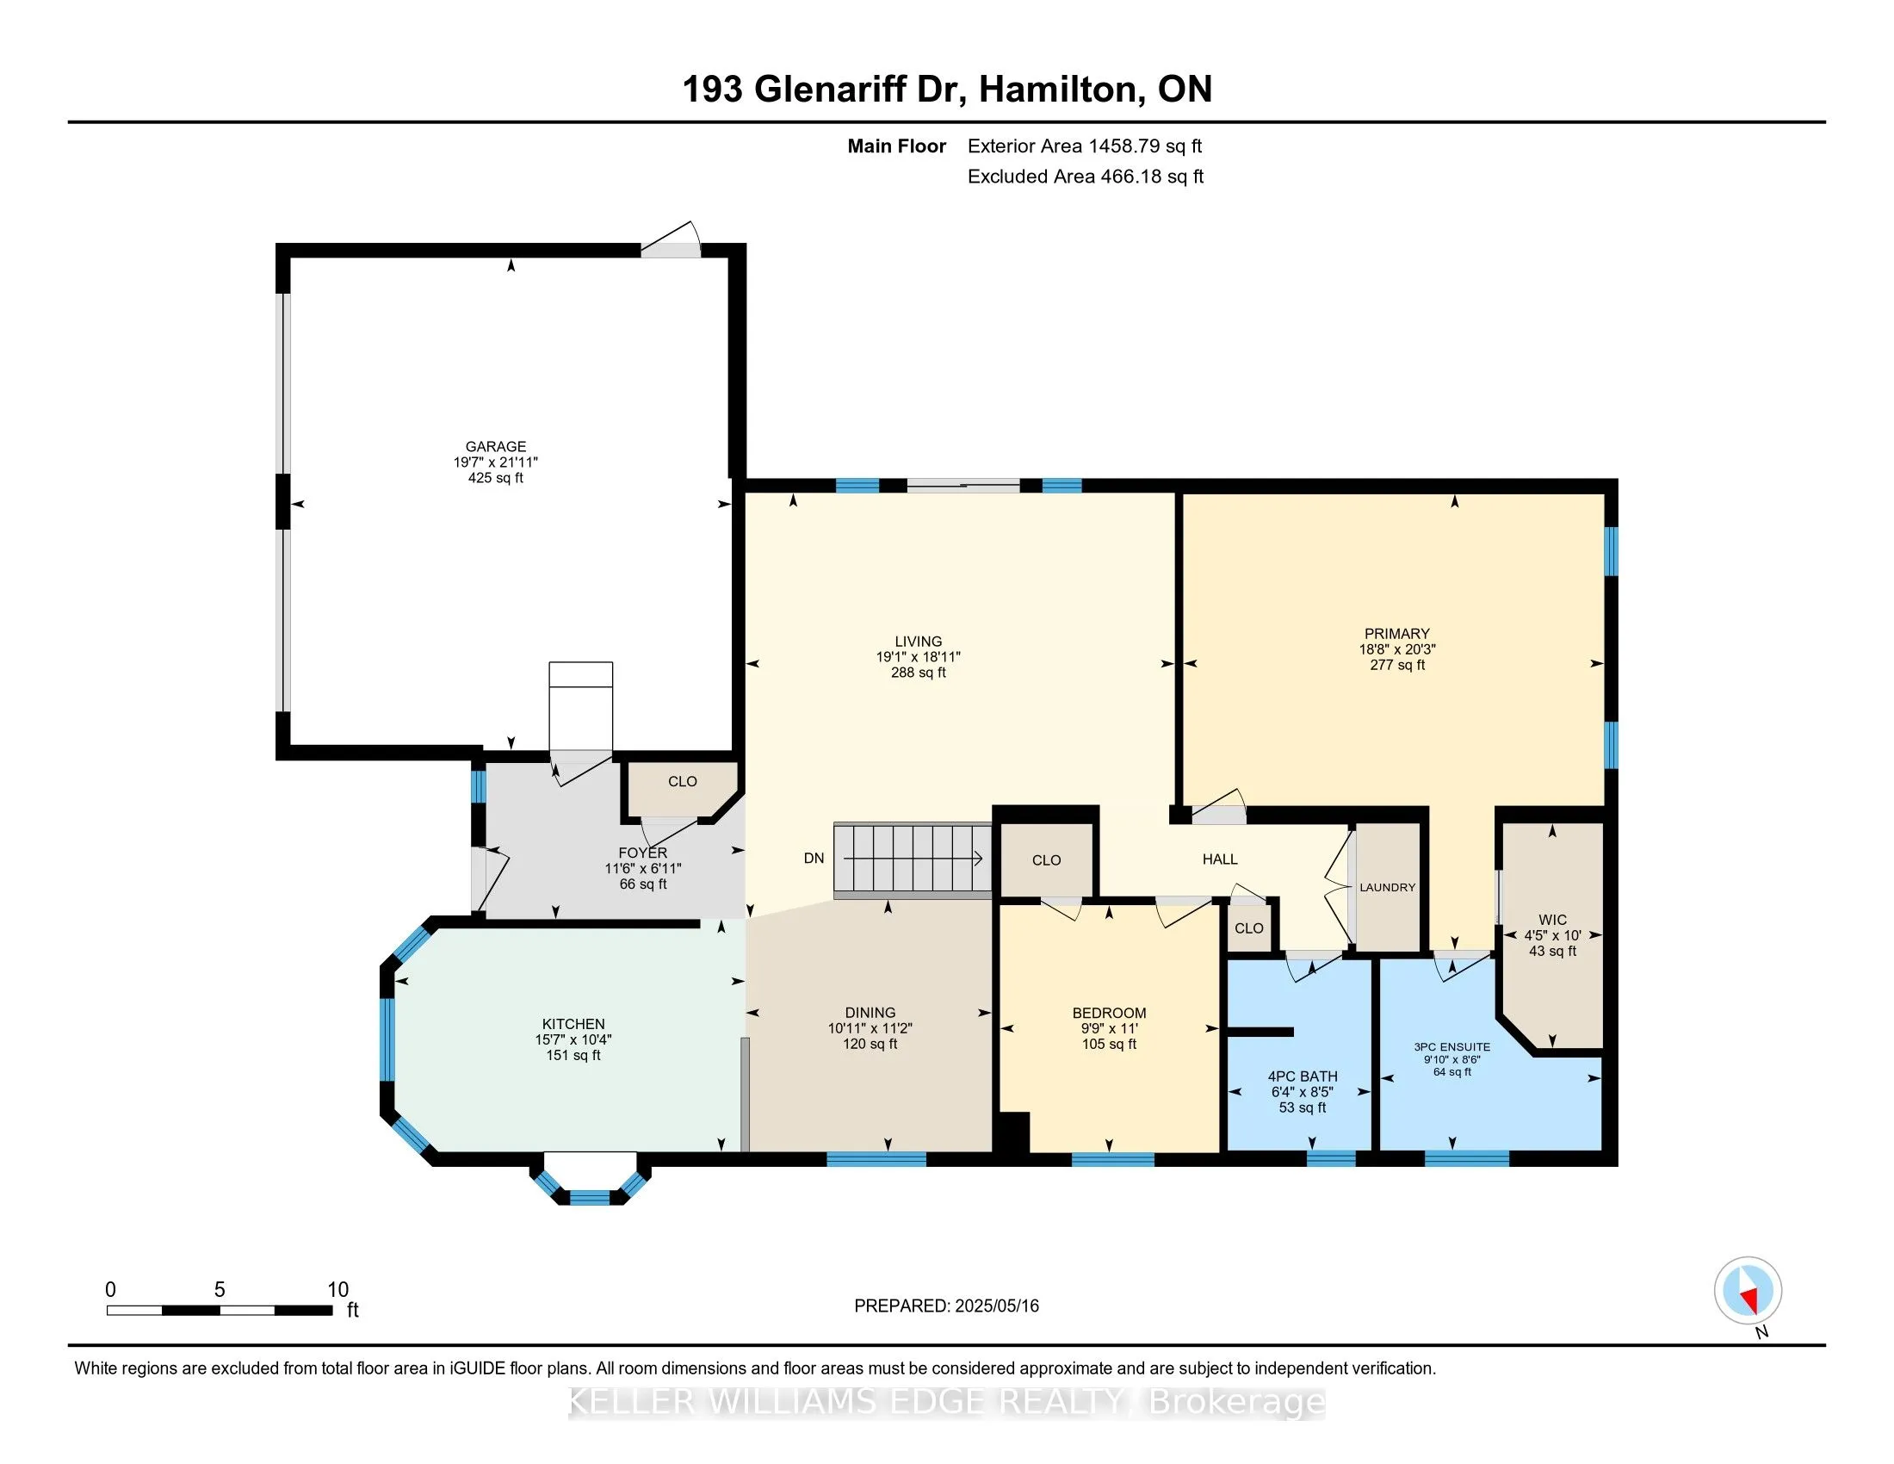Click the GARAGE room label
[x=495, y=447]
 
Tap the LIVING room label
[x=919, y=642]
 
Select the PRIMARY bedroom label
[x=1396, y=634]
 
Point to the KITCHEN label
[x=573, y=1024]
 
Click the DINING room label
[x=870, y=1013]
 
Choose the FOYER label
[x=642, y=853]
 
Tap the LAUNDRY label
[x=1388, y=887]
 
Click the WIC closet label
[x=1552, y=921]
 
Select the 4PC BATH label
[x=1303, y=1076]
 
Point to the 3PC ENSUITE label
[x=1451, y=1047]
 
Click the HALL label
[x=1219, y=859]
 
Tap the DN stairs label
[x=814, y=859]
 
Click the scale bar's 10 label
[x=337, y=1290]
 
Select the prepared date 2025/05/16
[x=996, y=1306]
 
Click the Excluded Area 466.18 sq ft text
[x=1086, y=177]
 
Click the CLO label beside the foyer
[x=683, y=781]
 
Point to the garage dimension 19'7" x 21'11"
[x=495, y=462]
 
